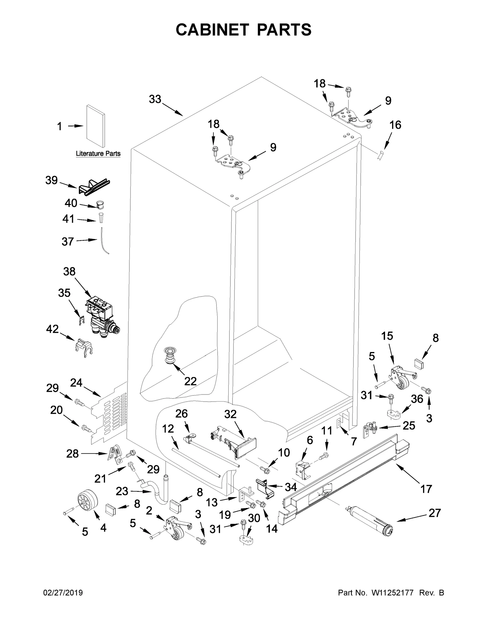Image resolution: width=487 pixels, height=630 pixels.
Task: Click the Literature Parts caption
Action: pos(98,154)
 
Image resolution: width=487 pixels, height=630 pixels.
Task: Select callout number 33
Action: pos(155,99)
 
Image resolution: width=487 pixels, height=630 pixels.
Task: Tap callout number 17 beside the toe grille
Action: pos(426,489)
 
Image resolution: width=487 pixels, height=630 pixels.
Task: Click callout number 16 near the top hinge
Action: pos(395,125)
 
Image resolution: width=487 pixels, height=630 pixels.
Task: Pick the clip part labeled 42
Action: pos(83,347)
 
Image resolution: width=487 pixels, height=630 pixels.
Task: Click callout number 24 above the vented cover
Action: pos(76,383)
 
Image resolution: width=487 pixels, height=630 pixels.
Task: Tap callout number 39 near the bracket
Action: pos(51,180)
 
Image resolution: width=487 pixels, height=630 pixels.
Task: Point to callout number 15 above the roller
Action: pos(387,336)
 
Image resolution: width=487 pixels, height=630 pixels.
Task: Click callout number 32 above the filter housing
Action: pos(230,414)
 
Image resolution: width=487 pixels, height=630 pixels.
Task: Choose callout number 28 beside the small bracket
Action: pos(72,454)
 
